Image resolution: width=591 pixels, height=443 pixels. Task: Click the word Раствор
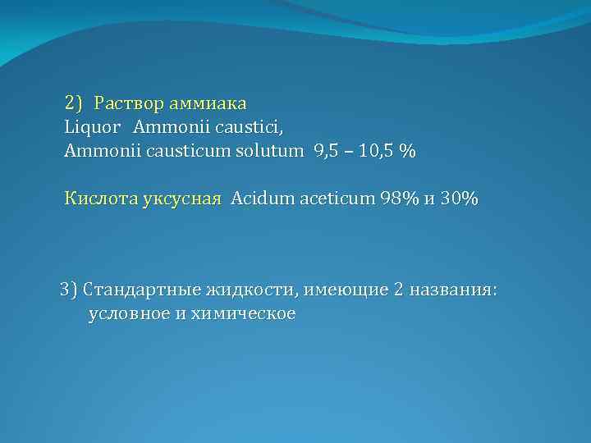pos(129,104)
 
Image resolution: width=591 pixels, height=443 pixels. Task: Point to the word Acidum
pos(261,199)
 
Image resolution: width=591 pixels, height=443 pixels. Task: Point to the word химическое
pos(243,313)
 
